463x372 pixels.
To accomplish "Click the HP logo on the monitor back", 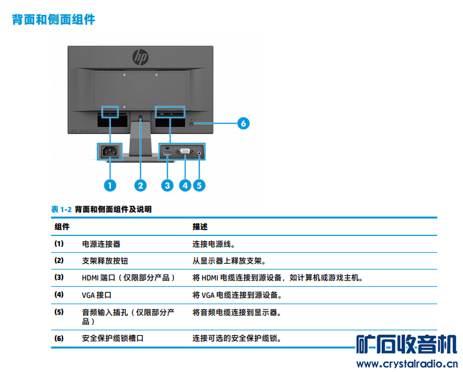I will [x=141, y=57].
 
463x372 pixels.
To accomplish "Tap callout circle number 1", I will [x=109, y=186].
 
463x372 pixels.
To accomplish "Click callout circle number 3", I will [x=168, y=186].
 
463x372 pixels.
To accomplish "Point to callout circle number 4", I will [x=186, y=186].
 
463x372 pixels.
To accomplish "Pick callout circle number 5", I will [x=199, y=186].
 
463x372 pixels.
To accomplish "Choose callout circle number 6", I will [x=243, y=122].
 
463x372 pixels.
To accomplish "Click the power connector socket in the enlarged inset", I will [x=109, y=153].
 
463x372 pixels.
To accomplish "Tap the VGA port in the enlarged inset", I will [x=184, y=153].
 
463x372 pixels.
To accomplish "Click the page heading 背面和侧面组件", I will [x=54, y=20].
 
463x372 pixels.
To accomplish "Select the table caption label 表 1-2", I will [x=61, y=210].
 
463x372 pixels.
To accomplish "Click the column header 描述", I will [x=200, y=227].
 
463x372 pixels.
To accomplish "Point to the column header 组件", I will [x=62, y=227].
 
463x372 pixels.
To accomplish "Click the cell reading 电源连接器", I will [x=101, y=244].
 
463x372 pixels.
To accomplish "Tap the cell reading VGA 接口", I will [x=97, y=295].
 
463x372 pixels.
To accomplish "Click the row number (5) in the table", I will [x=59, y=313].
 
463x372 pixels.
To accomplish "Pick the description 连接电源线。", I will [x=213, y=244].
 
